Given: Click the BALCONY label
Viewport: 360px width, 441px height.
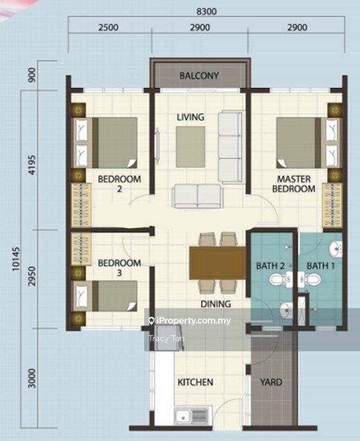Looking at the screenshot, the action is tap(199, 75).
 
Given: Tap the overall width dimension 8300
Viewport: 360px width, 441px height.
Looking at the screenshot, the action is tap(206, 11).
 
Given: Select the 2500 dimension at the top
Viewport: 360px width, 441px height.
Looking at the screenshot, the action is tap(108, 28).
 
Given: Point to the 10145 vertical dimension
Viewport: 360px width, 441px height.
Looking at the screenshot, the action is tap(16, 259).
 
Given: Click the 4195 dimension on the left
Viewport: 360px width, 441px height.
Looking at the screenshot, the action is tap(32, 165).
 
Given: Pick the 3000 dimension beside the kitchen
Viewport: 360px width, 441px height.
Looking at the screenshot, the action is tap(32, 378).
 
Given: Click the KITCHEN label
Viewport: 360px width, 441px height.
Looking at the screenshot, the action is tap(195, 382).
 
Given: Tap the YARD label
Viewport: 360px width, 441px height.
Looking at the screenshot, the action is tap(271, 382).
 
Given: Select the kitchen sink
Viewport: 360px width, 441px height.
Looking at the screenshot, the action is tap(191, 415).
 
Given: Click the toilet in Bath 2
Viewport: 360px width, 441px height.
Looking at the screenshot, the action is tap(281, 280).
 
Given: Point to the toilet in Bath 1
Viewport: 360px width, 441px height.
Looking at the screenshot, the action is tap(309, 280).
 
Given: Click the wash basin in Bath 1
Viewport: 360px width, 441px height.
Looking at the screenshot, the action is tap(335, 249).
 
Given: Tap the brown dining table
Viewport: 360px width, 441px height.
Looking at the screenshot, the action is tap(217, 263).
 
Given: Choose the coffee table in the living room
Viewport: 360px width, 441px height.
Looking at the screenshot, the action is tap(191, 146).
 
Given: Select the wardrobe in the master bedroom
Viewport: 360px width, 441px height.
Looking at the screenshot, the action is tap(332, 205).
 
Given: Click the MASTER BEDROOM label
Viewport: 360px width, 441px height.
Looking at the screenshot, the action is tap(294, 184).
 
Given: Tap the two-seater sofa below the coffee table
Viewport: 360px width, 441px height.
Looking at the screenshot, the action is tap(198, 196).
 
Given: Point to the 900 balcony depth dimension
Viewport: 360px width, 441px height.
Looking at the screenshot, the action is tap(32, 75).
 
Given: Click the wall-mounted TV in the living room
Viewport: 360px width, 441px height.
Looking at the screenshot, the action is tap(157, 146).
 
